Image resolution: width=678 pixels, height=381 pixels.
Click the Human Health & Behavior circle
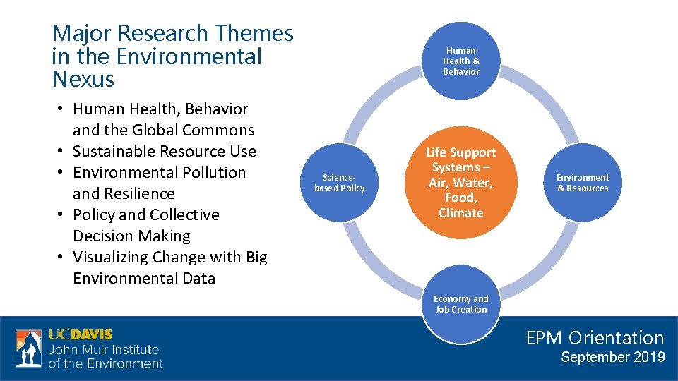click(x=461, y=61)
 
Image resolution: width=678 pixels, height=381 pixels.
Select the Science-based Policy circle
click(x=340, y=183)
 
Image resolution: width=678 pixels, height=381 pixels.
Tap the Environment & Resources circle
click(x=583, y=183)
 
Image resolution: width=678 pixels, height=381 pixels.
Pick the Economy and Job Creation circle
click(x=461, y=304)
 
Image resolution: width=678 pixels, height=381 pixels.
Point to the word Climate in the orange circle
click(x=461, y=213)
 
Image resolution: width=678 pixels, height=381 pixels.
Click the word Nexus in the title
click(x=83, y=80)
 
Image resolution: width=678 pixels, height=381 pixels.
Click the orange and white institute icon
click(x=29, y=349)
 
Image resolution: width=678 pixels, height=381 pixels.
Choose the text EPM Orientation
click(x=595, y=338)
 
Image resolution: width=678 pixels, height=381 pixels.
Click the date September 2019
click(x=612, y=357)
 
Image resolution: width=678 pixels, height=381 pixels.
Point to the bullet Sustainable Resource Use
click(x=164, y=151)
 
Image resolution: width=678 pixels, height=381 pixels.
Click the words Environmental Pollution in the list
click(x=159, y=172)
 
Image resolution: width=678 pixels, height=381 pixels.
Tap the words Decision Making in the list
click(x=131, y=236)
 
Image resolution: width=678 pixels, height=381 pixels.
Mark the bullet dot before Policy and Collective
click(x=62, y=215)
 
